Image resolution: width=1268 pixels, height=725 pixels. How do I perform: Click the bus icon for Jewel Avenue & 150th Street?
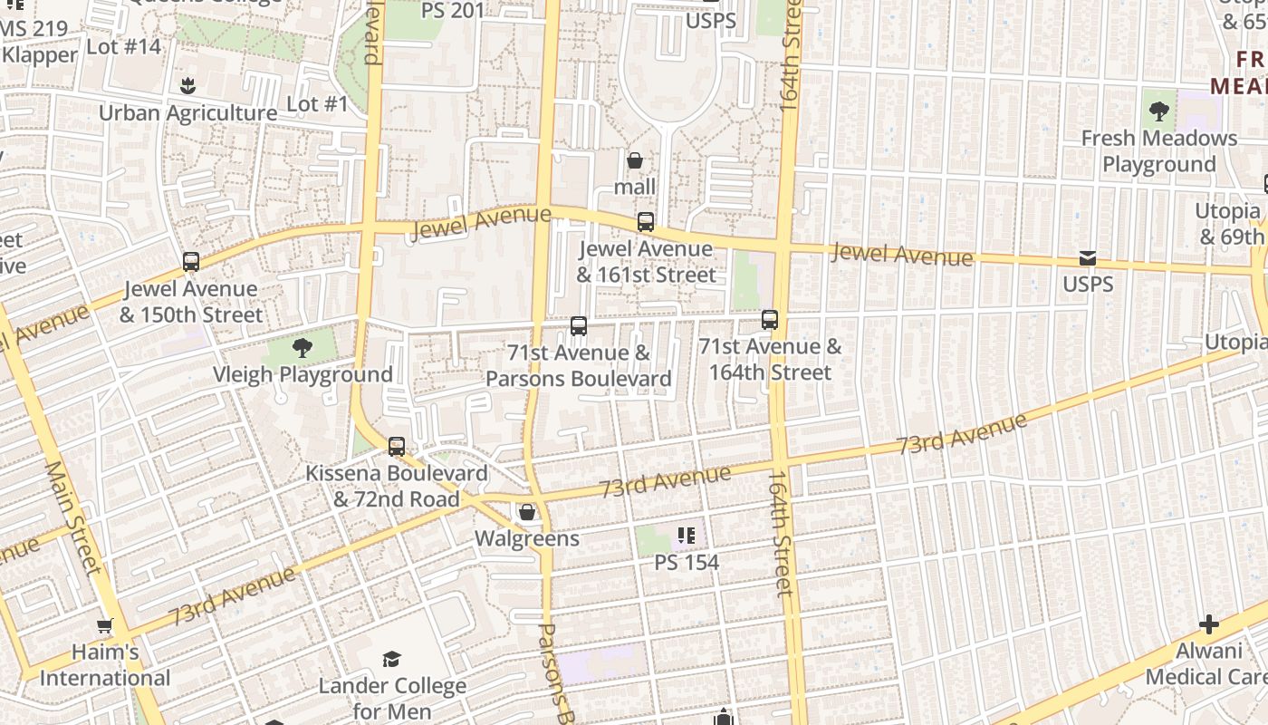[191, 262]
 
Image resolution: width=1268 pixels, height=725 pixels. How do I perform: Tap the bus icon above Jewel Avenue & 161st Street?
[646, 222]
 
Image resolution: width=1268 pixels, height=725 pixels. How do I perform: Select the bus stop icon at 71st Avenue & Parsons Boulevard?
[579, 326]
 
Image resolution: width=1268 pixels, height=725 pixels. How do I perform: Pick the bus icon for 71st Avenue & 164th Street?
[770, 320]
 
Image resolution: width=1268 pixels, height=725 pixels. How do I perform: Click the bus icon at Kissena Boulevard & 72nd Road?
[397, 447]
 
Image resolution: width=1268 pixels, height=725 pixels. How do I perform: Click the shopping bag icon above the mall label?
[635, 161]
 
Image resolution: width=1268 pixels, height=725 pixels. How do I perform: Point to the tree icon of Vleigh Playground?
[303, 348]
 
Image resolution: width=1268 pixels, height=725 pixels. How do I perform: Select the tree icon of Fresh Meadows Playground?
[1158, 112]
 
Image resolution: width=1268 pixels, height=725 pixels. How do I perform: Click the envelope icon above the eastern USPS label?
[1088, 259]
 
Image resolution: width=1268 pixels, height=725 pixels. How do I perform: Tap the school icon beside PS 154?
[687, 536]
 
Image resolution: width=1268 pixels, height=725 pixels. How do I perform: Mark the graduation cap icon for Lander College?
[391, 659]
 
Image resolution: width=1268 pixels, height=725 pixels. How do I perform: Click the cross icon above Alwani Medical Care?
[1208, 624]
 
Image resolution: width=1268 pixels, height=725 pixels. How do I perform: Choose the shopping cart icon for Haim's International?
[105, 625]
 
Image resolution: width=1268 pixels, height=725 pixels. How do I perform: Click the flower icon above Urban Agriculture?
[187, 87]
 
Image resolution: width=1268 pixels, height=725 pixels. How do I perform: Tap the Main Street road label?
[72, 517]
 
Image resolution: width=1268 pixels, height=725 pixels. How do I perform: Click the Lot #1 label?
[317, 104]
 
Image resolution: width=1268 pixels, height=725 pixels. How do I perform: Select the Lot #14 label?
[123, 46]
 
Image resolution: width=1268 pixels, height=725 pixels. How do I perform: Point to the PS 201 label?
[453, 11]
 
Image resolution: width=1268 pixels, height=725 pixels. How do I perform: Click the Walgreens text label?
[527, 539]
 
